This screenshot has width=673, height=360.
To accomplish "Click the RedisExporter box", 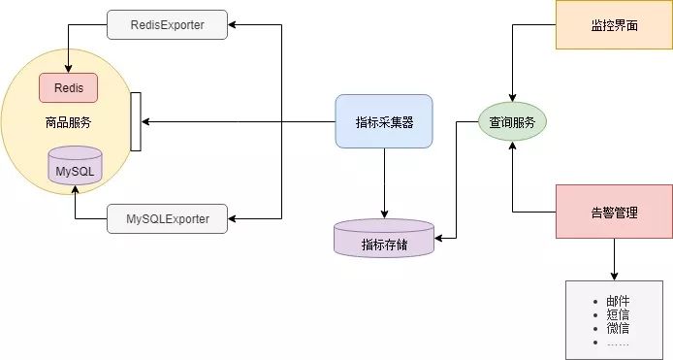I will (167, 24).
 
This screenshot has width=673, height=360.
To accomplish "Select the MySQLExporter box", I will (167, 218).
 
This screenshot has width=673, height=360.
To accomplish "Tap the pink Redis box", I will (68, 87).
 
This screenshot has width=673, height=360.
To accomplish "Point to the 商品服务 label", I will (67, 123).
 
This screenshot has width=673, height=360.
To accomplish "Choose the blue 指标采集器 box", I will (383, 122).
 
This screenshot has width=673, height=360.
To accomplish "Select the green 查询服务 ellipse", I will (512, 123).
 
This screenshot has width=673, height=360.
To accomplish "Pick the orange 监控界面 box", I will (613, 24).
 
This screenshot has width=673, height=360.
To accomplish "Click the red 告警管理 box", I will (613, 212).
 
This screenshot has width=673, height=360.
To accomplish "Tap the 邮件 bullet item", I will (618, 302).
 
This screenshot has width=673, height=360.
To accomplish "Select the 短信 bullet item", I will (618, 315).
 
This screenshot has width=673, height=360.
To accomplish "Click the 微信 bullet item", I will (618, 329).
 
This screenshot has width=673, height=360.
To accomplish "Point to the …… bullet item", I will (618, 343).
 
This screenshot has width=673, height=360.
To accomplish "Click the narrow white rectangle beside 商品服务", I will (136, 122).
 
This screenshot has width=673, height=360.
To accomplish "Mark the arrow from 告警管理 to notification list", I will (613, 259).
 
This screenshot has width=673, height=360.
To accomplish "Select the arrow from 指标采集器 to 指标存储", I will (384, 183).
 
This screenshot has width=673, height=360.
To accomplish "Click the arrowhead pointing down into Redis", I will (67, 68).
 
